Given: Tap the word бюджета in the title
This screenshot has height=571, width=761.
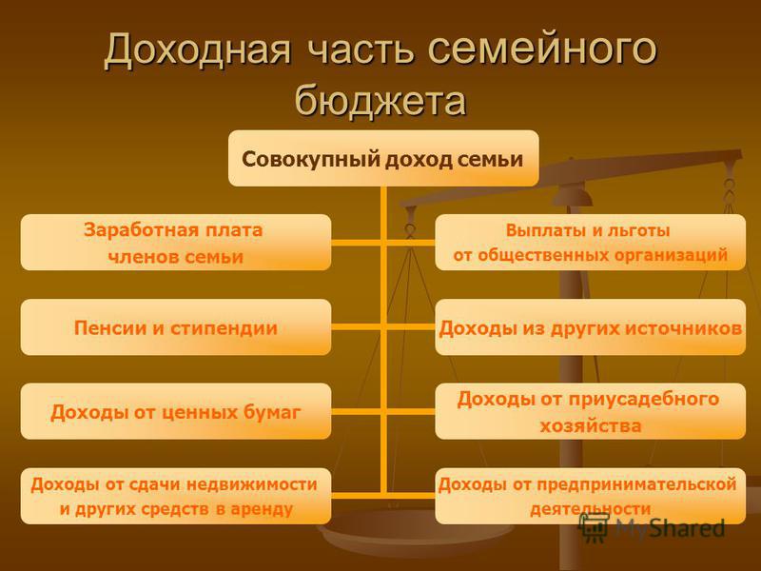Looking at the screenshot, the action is coord(381,101).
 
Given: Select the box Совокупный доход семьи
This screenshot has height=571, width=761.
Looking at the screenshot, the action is coord(383,158).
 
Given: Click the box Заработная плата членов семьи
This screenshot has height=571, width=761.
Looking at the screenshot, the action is coord(176,243).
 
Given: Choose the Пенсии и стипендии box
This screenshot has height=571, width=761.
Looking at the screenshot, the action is coord(176,326).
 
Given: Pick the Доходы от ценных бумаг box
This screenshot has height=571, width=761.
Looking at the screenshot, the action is coord(176,411).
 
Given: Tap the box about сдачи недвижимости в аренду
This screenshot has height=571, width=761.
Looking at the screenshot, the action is coord(176,496).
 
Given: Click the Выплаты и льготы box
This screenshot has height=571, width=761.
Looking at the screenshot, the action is coord(590,243).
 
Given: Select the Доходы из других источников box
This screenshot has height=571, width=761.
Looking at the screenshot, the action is coord(590,326).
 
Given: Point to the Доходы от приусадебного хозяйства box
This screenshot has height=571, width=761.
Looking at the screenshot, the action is coord(590,411).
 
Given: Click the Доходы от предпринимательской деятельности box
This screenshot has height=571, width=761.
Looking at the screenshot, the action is coord(590,496).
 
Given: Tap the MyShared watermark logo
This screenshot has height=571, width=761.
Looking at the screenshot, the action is coord(652,527).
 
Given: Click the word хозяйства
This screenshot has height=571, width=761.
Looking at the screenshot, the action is coord(591,425).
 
